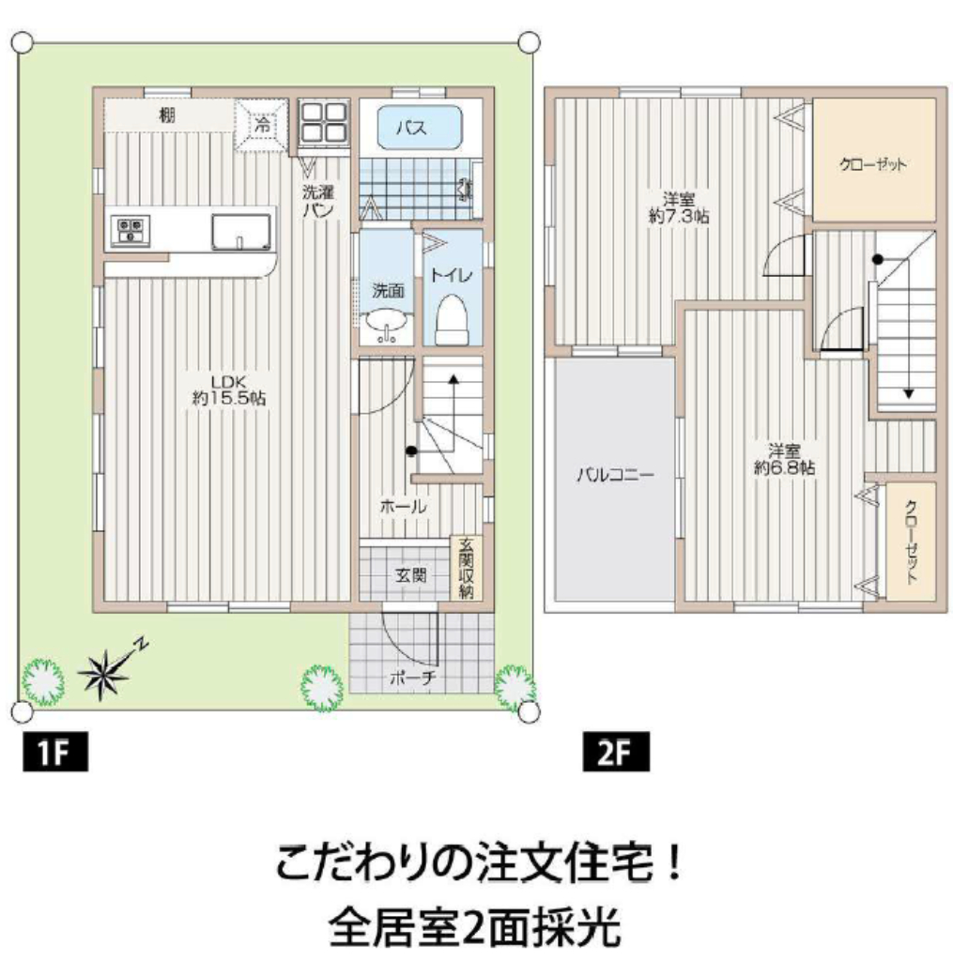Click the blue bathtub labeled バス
click(x=420, y=128)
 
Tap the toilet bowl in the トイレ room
click(x=452, y=320)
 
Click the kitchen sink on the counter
click(x=241, y=233)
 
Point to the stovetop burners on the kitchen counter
click(x=131, y=231)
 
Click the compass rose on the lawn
click(x=105, y=673)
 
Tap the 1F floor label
click(x=55, y=752)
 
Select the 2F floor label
click(x=616, y=752)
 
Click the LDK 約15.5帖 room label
click(x=229, y=390)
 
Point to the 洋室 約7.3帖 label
click(x=679, y=207)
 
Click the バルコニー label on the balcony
click(x=615, y=474)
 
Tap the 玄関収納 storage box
click(x=466, y=568)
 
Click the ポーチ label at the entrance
click(x=413, y=677)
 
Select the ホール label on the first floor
click(x=403, y=506)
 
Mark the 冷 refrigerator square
click(x=263, y=126)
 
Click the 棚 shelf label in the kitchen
click(x=167, y=114)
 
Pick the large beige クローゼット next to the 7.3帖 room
click(x=874, y=160)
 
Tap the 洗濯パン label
click(x=318, y=201)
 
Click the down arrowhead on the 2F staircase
click(x=908, y=393)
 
